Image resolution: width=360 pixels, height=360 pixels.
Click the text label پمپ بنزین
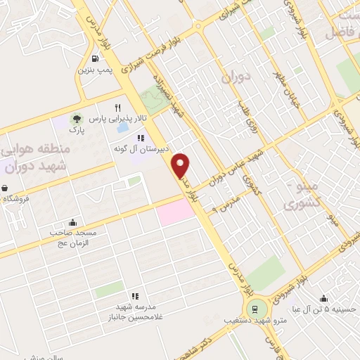tap(94, 70)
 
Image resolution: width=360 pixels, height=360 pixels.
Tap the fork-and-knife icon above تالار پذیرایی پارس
tap(127, 108)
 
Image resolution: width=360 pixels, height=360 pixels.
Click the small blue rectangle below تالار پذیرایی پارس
tap(122, 130)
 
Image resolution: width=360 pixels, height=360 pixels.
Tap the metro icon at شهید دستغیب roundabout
tap(255, 307)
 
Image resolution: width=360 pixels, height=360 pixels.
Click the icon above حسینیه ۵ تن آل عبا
tap(323, 298)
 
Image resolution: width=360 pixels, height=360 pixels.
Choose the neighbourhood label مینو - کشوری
tap(302, 195)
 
